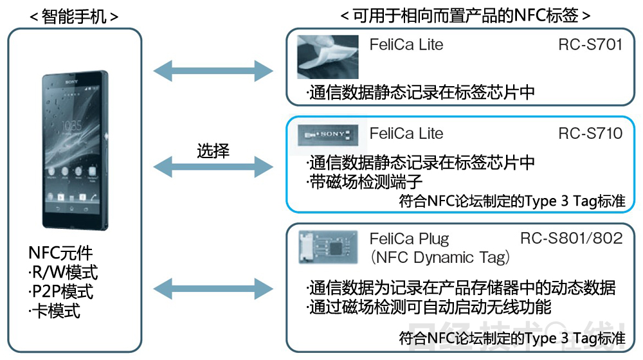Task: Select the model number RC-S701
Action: (590, 45)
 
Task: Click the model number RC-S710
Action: (590, 134)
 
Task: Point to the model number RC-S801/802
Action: (571, 239)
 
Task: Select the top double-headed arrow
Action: (213, 69)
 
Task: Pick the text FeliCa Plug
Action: (410, 239)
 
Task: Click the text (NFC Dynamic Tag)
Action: (440, 258)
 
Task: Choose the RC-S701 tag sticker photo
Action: (327, 57)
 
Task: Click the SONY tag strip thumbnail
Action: (328, 133)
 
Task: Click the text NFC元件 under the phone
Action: (60, 253)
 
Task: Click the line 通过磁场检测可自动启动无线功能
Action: (428, 307)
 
